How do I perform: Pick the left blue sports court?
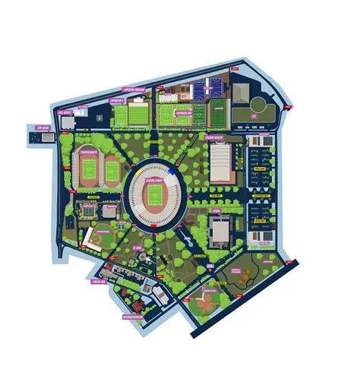201,90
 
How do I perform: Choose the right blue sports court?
219,90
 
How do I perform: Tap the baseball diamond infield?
96,239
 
